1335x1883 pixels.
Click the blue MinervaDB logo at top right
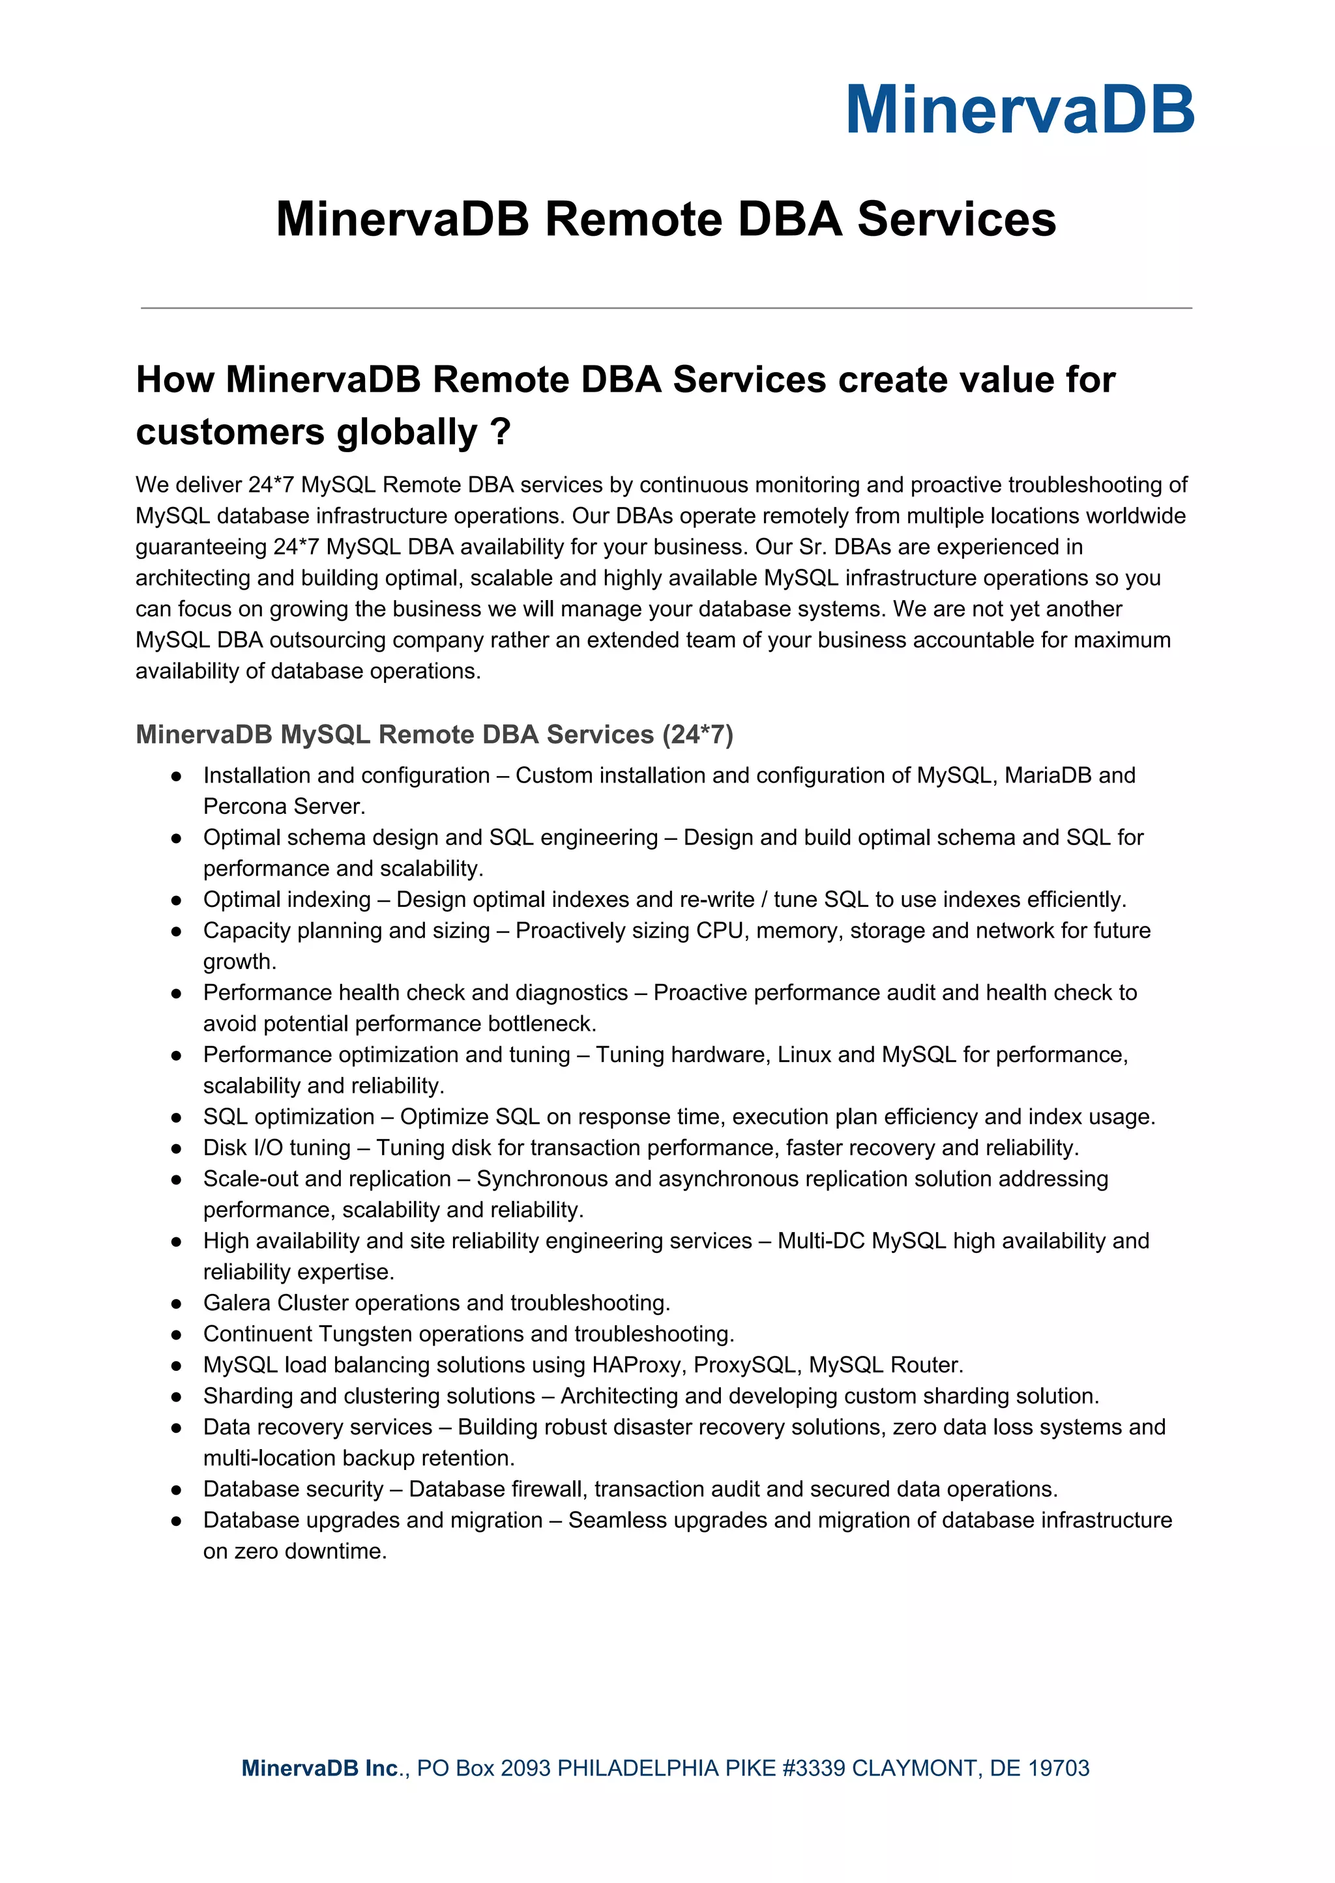1020,110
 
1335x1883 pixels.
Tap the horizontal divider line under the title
666,308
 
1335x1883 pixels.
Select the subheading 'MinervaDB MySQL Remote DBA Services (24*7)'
434,734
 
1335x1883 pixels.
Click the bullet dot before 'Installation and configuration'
176,777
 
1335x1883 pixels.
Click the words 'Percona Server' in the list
283,807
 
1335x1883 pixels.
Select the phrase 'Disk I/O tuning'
277,1147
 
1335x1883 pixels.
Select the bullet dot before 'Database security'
176,1490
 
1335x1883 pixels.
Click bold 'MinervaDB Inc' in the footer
320,1768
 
